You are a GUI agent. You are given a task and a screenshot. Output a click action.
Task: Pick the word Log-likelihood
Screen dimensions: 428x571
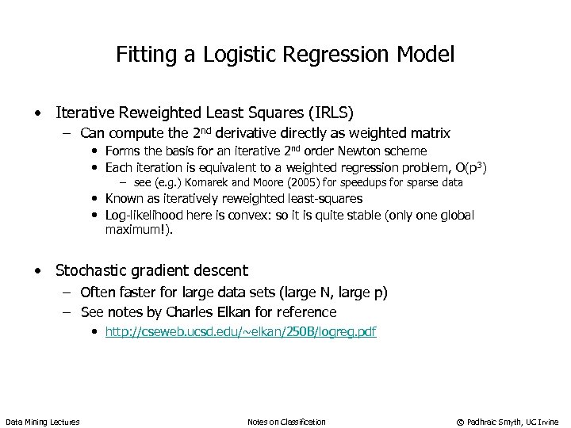coord(138,215)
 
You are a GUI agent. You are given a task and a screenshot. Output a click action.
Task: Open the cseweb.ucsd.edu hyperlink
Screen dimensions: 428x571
coord(240,332)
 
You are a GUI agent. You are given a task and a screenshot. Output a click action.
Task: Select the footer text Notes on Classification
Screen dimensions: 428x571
coord(286,421)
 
